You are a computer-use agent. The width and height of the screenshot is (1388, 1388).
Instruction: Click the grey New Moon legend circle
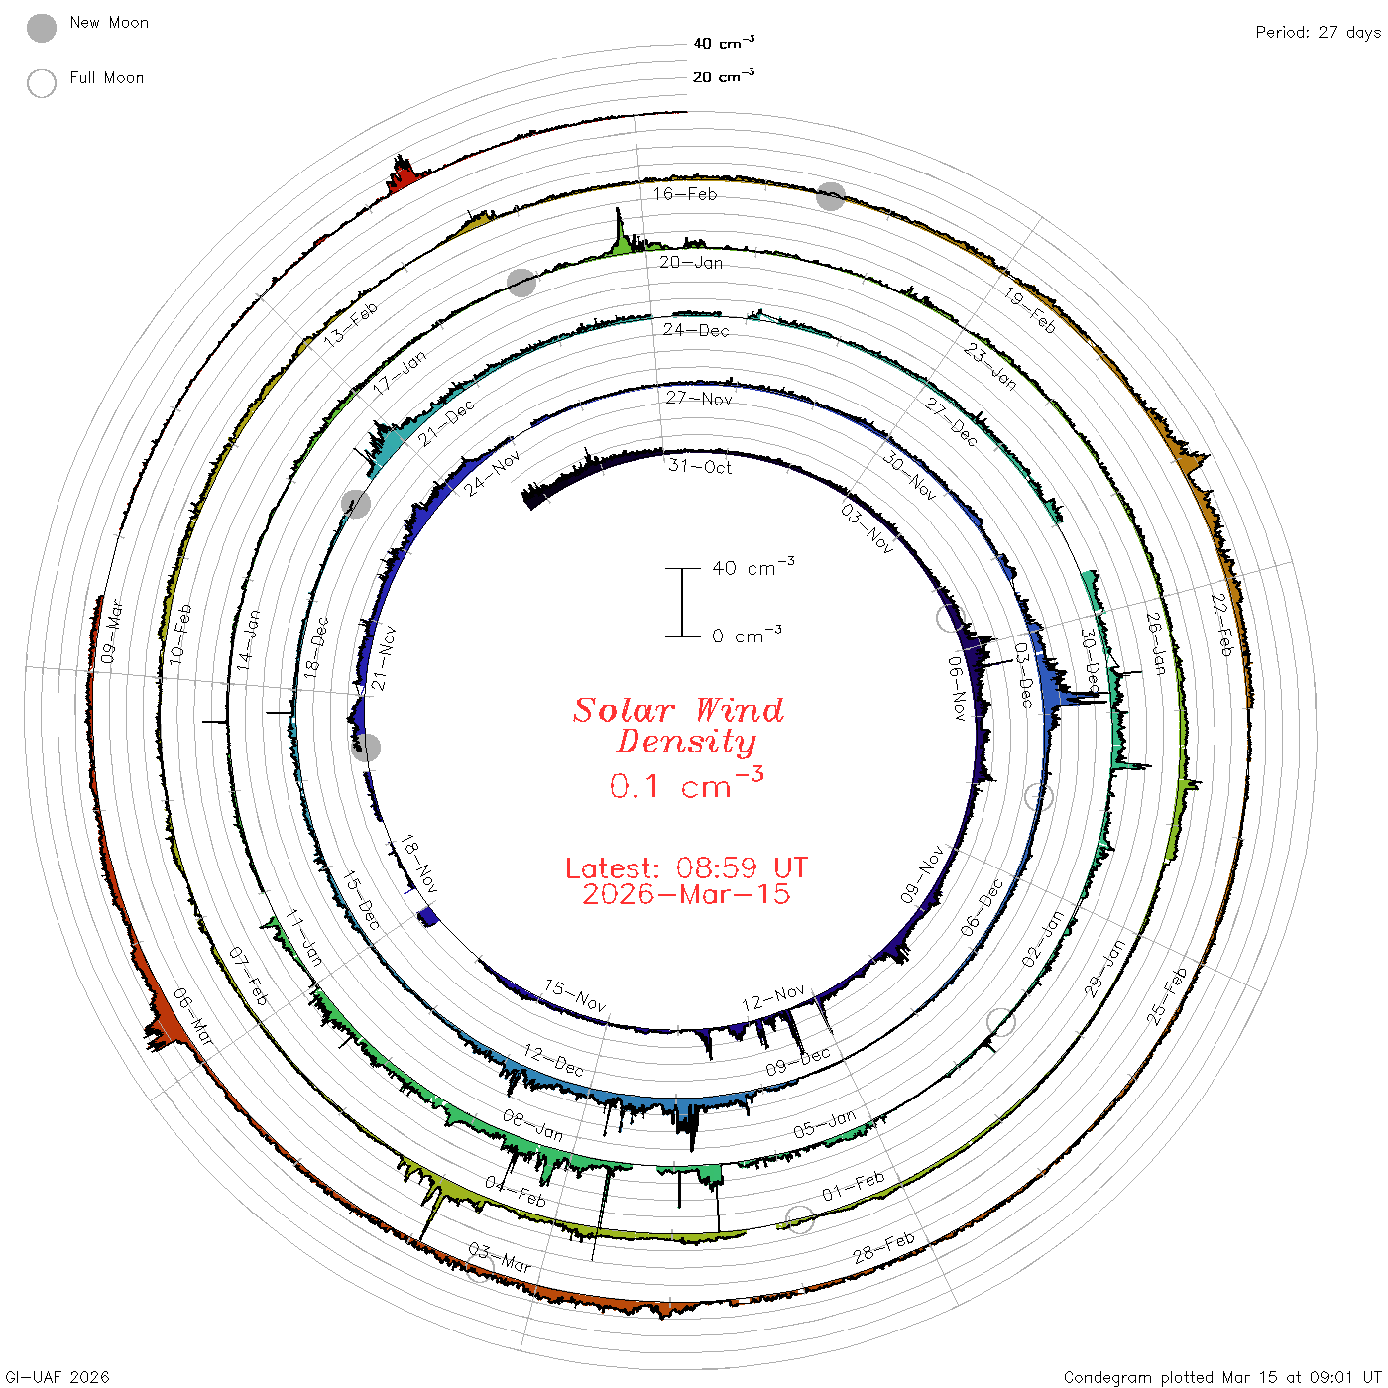coord(42,28)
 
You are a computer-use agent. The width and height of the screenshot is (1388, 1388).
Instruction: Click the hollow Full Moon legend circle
coord(42,83)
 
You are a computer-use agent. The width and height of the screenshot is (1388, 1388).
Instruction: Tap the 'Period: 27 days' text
coord(1318,33)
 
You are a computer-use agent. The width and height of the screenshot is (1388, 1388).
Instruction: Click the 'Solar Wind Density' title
coord(678,726)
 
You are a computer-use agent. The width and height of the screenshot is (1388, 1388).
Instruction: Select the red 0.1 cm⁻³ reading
coord(686,783)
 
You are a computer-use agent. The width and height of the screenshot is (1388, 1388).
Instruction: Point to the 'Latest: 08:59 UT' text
coord(686,867)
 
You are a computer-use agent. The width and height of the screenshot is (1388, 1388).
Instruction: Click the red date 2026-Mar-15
coord(686,894)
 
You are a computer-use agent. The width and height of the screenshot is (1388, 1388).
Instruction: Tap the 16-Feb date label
coord(685,193)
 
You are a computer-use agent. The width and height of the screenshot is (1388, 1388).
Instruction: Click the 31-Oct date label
coord(699,466)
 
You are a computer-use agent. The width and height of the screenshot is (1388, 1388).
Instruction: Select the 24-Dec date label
coord(696,330)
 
